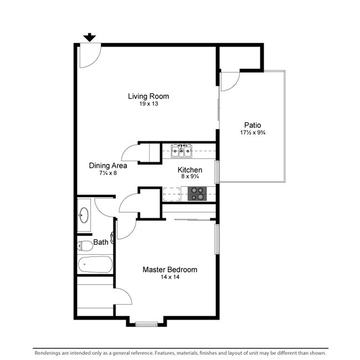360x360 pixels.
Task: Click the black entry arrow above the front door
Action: point(89,38)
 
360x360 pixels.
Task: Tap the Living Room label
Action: point(148,96)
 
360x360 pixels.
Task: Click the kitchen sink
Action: point(181,150)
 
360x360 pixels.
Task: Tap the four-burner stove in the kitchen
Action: point(197,193)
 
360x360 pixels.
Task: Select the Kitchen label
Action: point(189,170)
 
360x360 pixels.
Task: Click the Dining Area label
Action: point(108,166)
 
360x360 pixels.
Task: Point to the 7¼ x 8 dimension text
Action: point(107,173)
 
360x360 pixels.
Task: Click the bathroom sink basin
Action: point(84,214)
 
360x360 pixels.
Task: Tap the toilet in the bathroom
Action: point(85,245)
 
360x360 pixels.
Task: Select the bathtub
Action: point(95,264)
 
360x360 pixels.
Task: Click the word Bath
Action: point(101,242)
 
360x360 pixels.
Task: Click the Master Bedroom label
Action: point(169,270)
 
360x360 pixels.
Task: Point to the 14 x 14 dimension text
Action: point(169,277)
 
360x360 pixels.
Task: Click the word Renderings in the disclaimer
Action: point(50,353)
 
